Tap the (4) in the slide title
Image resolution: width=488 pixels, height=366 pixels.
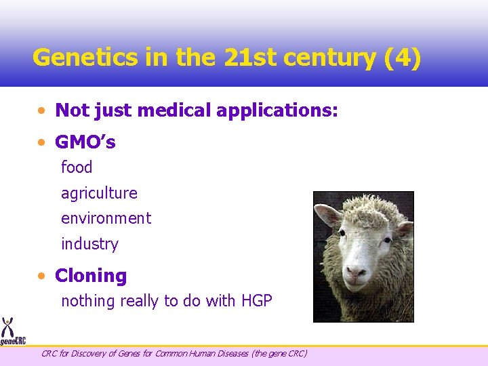click(x=402, y=57)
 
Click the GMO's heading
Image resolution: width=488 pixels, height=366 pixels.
click(x=85, y=142)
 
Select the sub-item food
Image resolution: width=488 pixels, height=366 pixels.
click(x=77, y=167)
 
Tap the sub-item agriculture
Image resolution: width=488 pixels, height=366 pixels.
click(x=99, y=193)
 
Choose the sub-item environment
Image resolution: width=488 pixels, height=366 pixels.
click(x=106, y=218)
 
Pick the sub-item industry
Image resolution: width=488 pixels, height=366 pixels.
click(x=89, y=244)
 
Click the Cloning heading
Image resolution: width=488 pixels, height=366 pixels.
click(x=91, y=276)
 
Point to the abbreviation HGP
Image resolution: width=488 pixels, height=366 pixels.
click(x=256, y=301)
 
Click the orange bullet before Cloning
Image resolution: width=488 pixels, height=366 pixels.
click(x=43, y=277)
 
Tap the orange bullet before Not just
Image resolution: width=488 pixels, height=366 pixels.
click(x=43, y=110)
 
